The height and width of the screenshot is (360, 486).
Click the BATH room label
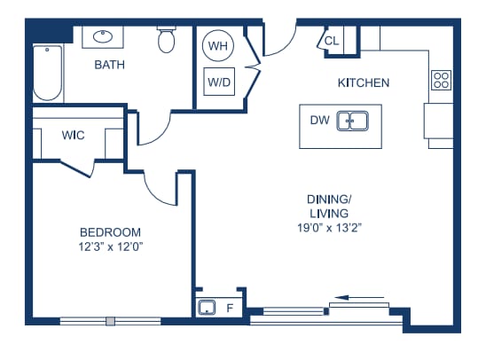click(x=109, y=65)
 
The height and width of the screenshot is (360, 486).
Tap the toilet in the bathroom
click(x=167, y=40)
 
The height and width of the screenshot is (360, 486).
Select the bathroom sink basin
click(x=103, y=36)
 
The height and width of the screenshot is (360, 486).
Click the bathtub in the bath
click(x=47, y=73)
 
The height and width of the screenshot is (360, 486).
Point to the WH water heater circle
click(x=218, y=46)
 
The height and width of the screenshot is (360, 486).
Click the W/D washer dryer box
click(x=219, y=82)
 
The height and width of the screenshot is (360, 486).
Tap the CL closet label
click(x=332, y=41)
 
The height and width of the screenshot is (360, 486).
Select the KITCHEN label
click(x=364, y=83)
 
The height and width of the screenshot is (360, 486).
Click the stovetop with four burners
click(x=442, y=80)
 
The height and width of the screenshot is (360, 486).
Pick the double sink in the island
click(x=353, y=121)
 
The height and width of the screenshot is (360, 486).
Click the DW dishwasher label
click(x=319, y=121)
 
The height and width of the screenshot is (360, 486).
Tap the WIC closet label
click(x=73, y=135)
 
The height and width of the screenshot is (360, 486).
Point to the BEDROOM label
click(x=110, y=232)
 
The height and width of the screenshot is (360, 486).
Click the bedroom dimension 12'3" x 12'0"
click(x=110, y=247)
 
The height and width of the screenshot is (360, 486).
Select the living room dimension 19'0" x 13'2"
click(x=330, y=228)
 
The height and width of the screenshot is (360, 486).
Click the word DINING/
click(x=329, y=200)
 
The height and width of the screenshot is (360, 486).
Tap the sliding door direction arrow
click(x=359, y=298)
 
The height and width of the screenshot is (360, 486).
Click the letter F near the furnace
click(x=230, y=308)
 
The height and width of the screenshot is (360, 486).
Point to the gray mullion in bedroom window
click(x=110, y=321)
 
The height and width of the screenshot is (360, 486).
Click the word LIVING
click(x=329, y=214)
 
